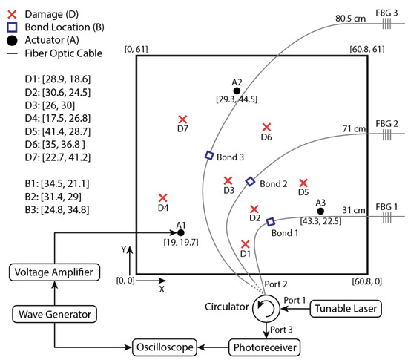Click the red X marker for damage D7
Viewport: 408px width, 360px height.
182,119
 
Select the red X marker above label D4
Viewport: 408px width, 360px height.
163,197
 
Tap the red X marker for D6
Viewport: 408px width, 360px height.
266,127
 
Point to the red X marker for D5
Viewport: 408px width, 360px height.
303,182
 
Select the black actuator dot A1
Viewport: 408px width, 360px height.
181,232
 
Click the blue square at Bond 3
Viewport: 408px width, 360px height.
209,155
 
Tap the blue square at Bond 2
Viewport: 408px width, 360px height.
250,181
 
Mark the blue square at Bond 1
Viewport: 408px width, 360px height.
270,221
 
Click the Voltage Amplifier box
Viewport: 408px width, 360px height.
54,272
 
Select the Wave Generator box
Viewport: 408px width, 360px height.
54,315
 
